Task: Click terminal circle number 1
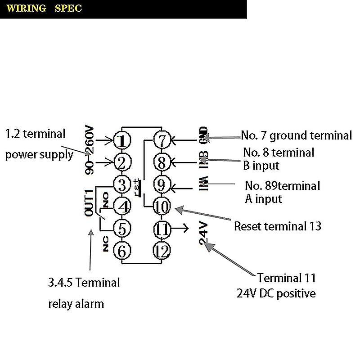click(x=122, y=140)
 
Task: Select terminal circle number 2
click(x=121, y=162)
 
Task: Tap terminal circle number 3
click(x=121, y=184)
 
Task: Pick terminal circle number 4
click(x=121, y=207)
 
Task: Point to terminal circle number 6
click(x=121, y=251)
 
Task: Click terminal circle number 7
click(x=162, y=140)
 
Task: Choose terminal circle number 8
click(x=162, y=162)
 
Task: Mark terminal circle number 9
click(x=162, y=184)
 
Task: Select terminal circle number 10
click(x=162, y=207)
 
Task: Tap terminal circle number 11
click(x=162, y=229)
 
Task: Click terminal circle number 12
click(x=162, y=251)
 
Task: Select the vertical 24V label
click(x=203, y=234)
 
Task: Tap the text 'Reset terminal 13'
click(x=278, y=225)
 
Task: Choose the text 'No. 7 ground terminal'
click(x=296, y=135)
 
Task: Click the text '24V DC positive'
click(x=276, y=293)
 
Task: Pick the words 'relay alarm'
click(x=76, y=303)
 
